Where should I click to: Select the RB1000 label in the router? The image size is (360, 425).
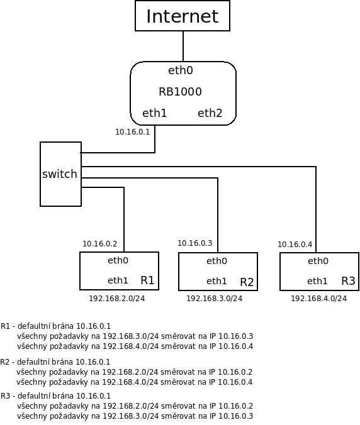[x=180, y=92]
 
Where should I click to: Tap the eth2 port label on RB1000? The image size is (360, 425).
[x=210, y=113]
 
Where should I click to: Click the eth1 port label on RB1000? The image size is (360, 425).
[x=154, y=113]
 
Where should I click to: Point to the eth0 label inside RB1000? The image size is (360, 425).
[x=181, y=70]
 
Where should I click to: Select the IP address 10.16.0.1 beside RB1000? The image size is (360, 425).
[x=132, y=132]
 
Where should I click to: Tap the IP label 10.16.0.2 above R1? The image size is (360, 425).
[x=100, y=244]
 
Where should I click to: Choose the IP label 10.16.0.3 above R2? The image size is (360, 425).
[x=194, y=243]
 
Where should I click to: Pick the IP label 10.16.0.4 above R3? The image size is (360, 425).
[x=295, y=244]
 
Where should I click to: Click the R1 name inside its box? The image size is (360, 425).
[x=147, y=280]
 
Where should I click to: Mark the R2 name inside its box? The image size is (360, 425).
[x=247, y=282]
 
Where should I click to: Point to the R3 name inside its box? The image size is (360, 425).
[x=348, y=281]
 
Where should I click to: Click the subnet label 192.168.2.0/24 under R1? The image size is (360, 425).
[x=117, y=299]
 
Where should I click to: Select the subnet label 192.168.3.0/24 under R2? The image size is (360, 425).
[x=215, y=299]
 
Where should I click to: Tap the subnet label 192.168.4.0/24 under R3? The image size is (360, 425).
[x=318, y=299]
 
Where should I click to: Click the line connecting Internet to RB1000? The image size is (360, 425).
[x=183, y=47]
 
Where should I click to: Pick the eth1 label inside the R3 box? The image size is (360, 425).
[x=317, y=281]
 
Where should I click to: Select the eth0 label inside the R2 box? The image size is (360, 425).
[x=217, y=261]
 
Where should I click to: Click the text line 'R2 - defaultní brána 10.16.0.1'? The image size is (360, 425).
[x=55, y=362]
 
